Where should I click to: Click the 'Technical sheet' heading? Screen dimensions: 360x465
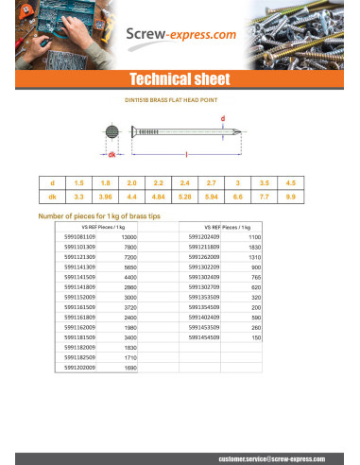180,77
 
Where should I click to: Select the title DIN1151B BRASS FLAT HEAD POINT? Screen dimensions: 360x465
179,97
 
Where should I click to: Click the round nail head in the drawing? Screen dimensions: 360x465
111,133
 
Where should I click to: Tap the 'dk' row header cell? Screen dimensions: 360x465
51,196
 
